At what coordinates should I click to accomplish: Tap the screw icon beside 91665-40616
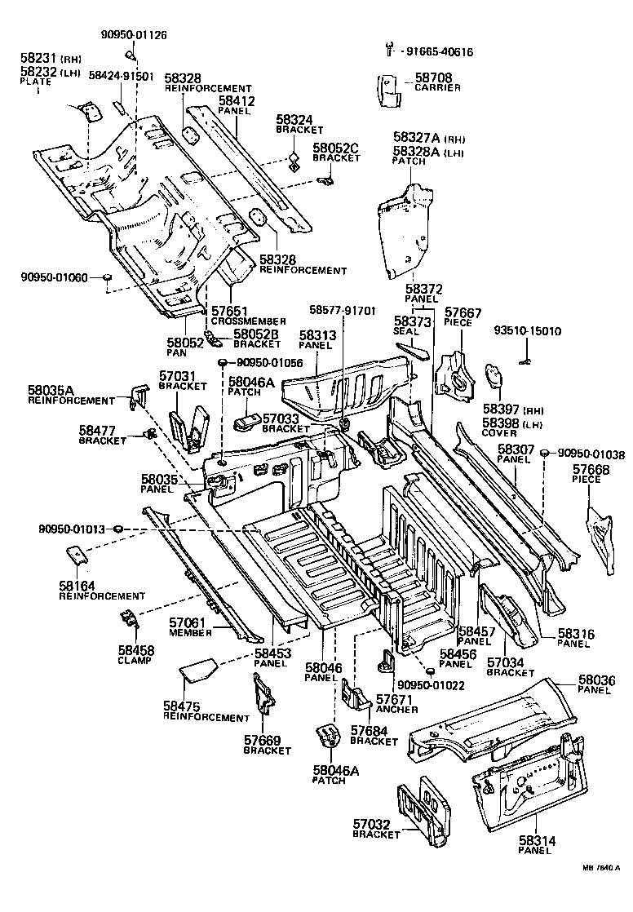(389, 51)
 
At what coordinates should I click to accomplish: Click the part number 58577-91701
(343, 310)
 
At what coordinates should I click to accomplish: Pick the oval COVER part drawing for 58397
(494, 378)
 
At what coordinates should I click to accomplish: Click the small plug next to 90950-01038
(546, 454)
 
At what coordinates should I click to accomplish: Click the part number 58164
(74, 585)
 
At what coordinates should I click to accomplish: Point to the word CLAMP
(134, 661)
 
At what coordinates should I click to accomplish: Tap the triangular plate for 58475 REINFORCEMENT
(197, 671)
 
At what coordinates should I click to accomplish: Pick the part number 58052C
(336, 148)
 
